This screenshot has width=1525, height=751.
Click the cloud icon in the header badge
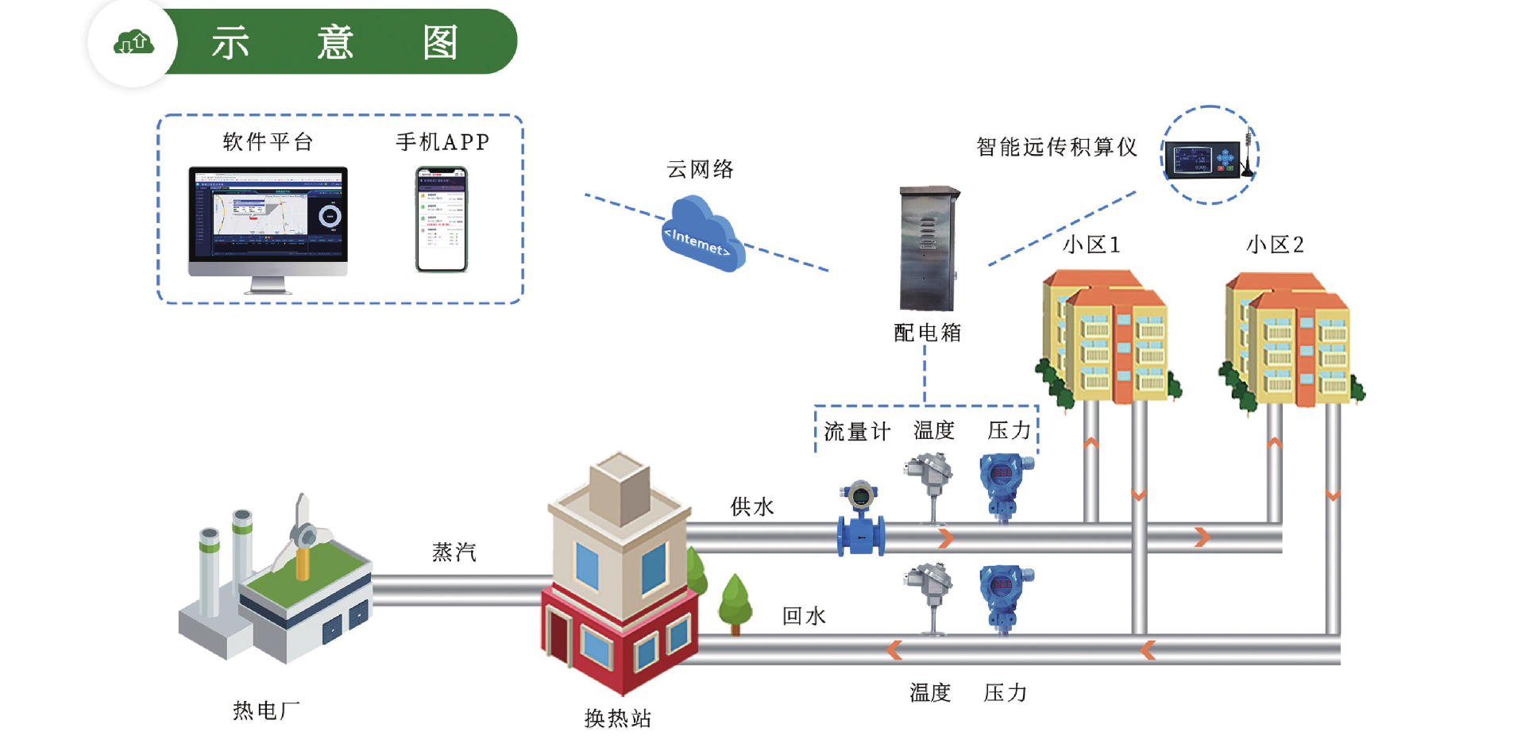(133, 42)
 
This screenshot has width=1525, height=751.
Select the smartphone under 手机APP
(442, 219)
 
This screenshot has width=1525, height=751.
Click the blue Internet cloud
(702, 235)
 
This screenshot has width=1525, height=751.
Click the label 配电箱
(928, 333)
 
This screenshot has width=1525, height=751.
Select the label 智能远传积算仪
(1056, 147)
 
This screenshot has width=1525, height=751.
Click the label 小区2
(1275, 245)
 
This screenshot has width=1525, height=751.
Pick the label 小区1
(1091, 245)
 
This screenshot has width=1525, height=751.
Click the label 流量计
(857, 432)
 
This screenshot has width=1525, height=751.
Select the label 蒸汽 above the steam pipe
(454, 552)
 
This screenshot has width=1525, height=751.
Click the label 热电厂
(266, 711)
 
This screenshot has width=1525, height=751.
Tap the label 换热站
(618, 718)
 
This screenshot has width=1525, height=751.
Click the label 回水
(804, 616)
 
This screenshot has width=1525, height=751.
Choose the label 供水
(751, 506)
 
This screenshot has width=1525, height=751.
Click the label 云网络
(700, 169)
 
